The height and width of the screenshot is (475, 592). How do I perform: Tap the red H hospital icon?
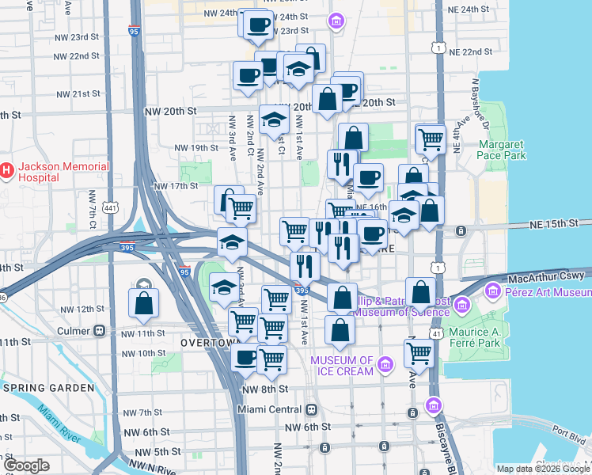coord(7,170)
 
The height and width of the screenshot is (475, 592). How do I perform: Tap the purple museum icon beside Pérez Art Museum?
coord(495,292)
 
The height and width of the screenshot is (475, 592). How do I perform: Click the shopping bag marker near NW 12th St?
coord(143,302)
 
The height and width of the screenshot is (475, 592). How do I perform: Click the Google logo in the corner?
coord(26,465)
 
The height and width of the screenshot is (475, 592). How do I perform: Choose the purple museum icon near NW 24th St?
coord(337,20)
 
